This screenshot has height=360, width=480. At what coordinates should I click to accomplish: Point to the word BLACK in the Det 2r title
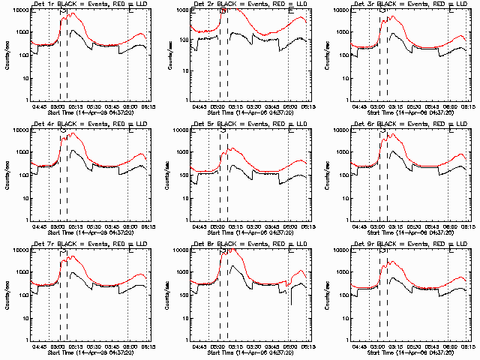click(229, 5)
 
